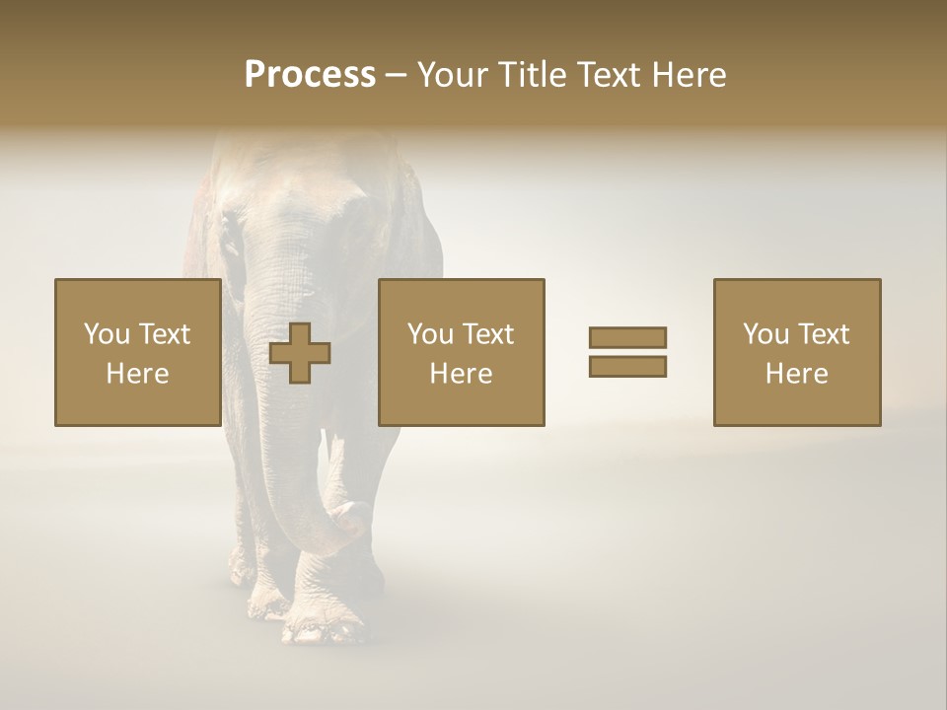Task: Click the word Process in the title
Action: [310, 74]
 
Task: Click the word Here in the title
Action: [688, 74]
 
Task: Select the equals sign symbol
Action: [627, 352]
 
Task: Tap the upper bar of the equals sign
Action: [627, 338]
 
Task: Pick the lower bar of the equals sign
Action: [627, 366]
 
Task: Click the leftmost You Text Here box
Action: [137, 352]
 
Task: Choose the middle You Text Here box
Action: [461, 352]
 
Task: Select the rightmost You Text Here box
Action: [796, 352]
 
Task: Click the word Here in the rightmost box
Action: [796, 373]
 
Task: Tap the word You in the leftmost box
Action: [106, 333]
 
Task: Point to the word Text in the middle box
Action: [488, 333]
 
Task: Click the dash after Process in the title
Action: [397, 75]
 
